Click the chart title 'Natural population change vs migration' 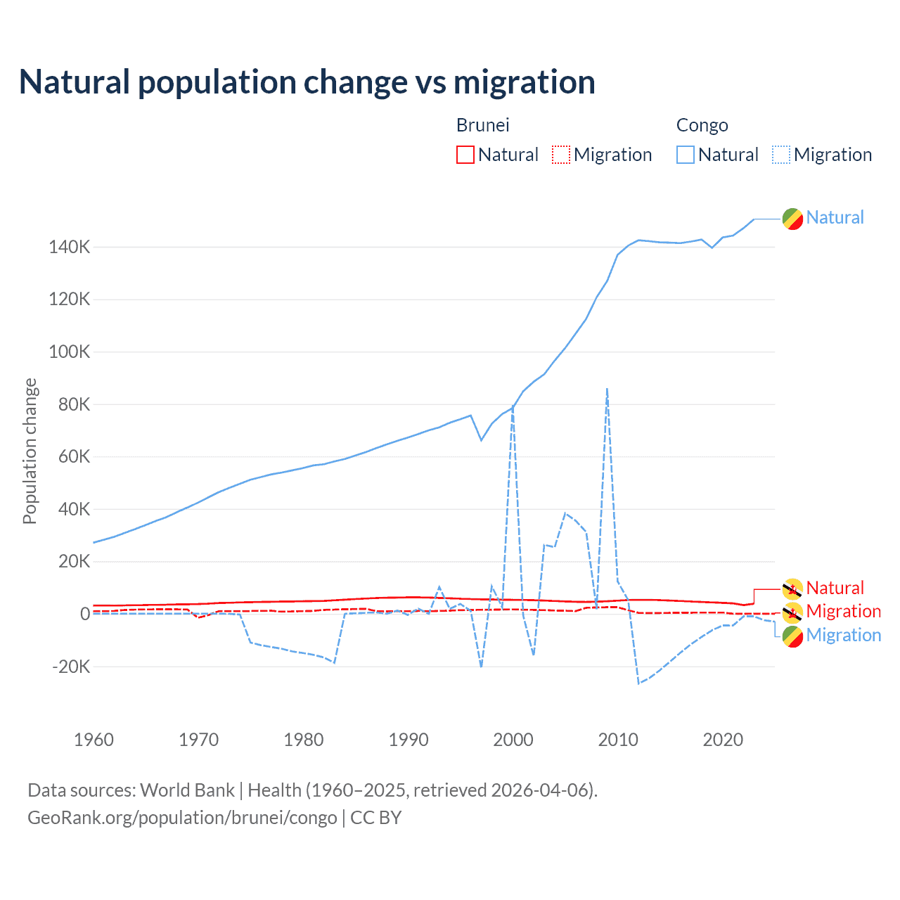[x=307, y=82]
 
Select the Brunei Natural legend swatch [x=465, y=155]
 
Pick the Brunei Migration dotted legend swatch [x=560, y=155]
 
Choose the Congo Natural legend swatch [x=685, y=155]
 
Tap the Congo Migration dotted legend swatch [x=780, y=155]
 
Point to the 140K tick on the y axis [x=70, y=247]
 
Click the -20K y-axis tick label [x=71, y=666]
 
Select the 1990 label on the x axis [x=409, y=740]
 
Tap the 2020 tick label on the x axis [x=723, y=740]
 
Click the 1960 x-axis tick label [x=94, y=740]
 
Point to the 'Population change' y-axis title [x=30, y=451]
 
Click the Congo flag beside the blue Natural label [x=792, y=219]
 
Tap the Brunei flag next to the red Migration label [x=792, y=612]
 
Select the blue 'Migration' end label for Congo [x=843, y=635]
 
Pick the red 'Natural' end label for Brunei [x=835, y=588]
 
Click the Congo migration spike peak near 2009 [x=607, y=388]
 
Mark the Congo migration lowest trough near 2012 [x=638, y=683]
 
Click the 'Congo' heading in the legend [x=702, y=125]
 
